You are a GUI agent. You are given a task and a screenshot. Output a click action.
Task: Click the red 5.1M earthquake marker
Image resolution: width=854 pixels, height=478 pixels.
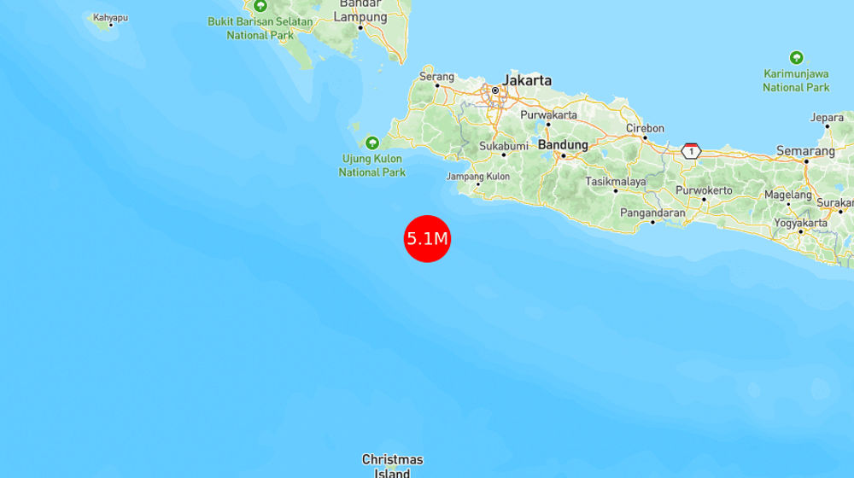427,238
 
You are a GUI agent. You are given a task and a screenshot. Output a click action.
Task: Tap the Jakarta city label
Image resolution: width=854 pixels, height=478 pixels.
527,80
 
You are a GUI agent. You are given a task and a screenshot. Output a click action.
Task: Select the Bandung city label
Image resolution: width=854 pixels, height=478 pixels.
564,145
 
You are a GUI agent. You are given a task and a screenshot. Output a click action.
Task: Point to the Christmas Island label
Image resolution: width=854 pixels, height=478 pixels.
392,466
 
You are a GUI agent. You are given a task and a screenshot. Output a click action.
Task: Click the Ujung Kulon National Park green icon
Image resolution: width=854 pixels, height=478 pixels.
371,143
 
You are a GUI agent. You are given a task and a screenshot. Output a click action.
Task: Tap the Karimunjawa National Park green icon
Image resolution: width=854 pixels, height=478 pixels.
796,58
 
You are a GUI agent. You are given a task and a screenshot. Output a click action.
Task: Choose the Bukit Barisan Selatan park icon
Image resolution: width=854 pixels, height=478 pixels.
260,6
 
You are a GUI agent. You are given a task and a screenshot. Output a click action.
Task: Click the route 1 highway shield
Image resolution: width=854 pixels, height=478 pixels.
691,151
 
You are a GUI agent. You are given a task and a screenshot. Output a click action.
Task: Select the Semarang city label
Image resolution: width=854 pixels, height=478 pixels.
805,151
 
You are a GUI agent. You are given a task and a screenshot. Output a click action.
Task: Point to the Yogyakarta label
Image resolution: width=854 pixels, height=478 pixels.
800,224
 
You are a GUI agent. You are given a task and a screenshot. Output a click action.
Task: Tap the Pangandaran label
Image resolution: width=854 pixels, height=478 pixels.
653,213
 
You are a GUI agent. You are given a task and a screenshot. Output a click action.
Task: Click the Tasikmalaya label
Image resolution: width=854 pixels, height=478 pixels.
615,181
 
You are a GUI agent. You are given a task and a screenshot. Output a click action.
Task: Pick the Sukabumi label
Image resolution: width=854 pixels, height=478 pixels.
504,146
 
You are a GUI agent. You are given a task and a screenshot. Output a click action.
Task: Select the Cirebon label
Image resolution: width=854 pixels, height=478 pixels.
645,128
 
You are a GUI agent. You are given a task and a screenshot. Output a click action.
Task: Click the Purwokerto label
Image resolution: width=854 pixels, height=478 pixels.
704,190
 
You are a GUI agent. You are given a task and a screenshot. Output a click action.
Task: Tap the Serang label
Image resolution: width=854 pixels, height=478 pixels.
436,77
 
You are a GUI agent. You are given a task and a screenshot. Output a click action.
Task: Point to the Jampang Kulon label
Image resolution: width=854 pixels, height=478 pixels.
478,177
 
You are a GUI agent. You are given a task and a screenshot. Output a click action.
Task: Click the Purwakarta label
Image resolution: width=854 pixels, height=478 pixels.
549,115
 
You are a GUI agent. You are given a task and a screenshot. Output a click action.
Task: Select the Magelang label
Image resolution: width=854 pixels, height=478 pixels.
787,195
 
